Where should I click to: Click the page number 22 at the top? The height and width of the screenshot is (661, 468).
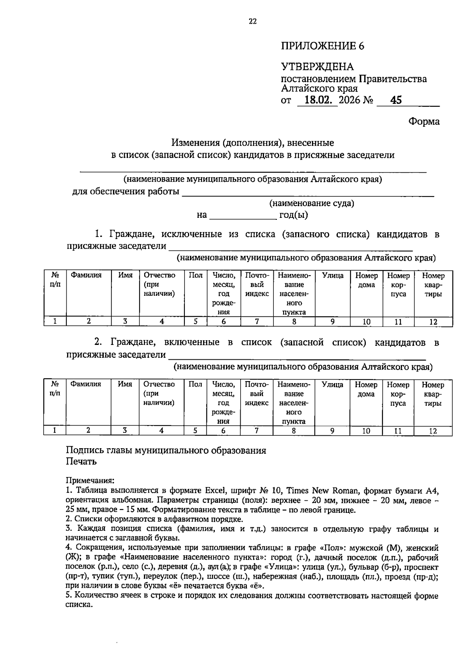pyautogui.click(x=253, y=22)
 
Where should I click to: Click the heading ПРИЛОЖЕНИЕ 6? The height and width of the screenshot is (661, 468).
pyautogui.click(x=323, y=46)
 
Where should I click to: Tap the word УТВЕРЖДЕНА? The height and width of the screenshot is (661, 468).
pyautogui.click(x=317, y=67)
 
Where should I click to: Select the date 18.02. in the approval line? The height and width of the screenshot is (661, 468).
pyautogui.click(x=318, y=100)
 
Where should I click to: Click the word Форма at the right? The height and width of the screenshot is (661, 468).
pyautogui.click(x=424, y=122)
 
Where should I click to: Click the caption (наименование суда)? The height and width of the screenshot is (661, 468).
pyautogui.click(x=312, y=203)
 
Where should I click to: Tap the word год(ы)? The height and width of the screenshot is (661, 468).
pyautogui.click(x=294, y=215)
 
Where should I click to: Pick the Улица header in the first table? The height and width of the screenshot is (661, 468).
pyautogui.click(x=333, y=276)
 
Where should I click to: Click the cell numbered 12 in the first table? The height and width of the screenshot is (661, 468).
pyautogui.click(x=433, y=322)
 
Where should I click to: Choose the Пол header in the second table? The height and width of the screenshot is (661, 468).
pyautogui.click(x=195, y=384)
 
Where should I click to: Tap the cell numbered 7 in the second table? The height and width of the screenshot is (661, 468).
pyautogui.click(x=256, y=431)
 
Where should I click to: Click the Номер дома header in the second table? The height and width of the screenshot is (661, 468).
pyautogui.click(x=366, y=389)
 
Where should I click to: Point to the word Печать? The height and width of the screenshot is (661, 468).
pyautogui.click(x=81, y=461)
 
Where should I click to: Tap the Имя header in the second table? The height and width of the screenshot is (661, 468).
pyautogui.click(x=125, y=384)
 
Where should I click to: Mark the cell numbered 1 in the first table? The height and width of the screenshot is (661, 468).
pyautogui.click(x=55, y=322)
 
